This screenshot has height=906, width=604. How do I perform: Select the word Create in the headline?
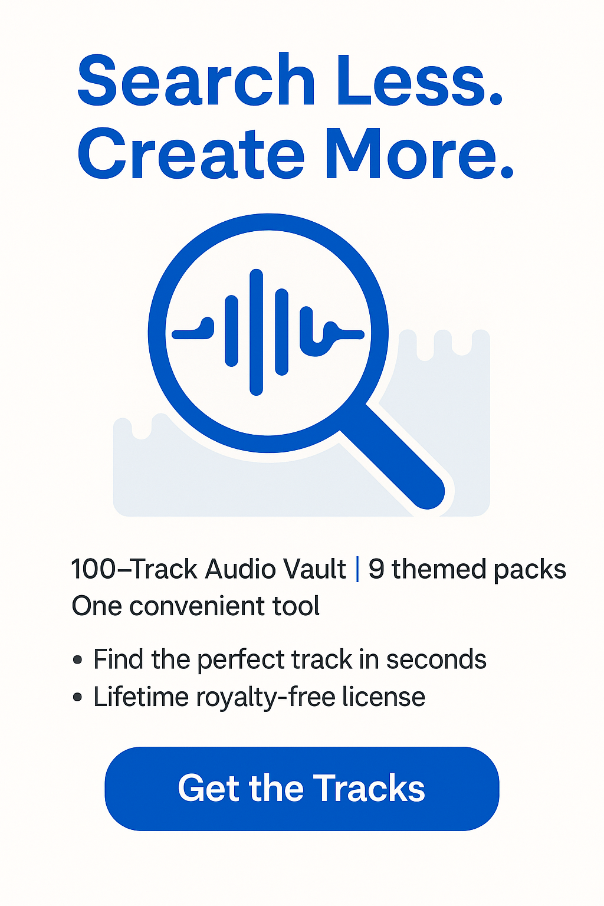(191, 153)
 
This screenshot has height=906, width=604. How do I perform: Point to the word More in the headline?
(419, 153)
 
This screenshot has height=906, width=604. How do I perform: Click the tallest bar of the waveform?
(256, 332)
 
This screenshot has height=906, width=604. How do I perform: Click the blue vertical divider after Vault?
(357, 569)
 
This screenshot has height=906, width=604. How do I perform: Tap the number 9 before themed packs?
(376, 569)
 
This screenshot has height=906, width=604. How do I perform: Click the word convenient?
(196, 606)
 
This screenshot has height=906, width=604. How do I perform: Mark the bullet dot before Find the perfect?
(78, 661)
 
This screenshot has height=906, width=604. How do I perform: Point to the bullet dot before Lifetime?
(78, 698)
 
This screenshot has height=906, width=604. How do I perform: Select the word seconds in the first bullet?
(436, 659)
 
